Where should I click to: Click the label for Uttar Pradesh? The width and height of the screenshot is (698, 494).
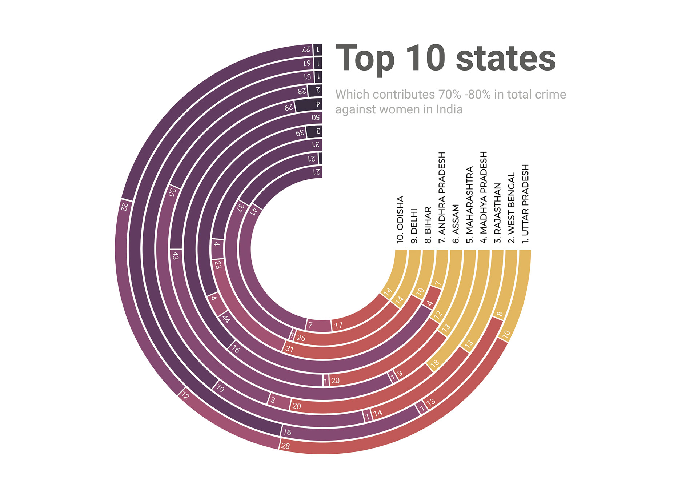525,204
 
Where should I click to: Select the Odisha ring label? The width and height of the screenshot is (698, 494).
400,219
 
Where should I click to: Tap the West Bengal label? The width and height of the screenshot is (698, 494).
511,208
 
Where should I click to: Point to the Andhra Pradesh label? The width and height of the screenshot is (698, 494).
442,198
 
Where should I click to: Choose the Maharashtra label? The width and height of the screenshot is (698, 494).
469,205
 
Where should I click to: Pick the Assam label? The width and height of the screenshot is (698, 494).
456,224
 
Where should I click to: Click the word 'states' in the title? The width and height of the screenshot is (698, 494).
506,58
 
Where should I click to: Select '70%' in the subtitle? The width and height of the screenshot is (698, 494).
450,95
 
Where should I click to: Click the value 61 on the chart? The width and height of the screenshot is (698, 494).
307,63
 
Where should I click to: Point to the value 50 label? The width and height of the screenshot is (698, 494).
316,117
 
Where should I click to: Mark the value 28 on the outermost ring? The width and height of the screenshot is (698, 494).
286,446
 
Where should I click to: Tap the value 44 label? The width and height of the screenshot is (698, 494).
226,319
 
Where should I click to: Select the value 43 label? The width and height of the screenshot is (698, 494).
175,256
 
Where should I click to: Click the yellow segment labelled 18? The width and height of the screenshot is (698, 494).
435,363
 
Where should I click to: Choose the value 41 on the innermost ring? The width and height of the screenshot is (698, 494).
254,211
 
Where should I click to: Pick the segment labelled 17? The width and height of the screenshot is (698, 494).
338,326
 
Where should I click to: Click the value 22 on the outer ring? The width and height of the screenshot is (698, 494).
124,206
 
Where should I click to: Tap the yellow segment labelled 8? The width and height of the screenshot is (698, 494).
500,314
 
